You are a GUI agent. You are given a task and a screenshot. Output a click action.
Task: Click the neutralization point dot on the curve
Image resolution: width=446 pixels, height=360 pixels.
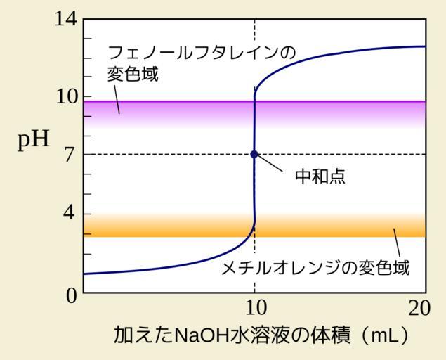pyautogui.click(x=254, y=154)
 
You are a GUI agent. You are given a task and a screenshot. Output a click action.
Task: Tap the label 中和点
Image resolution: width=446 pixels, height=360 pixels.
pyautogui.click(x=320, y=176)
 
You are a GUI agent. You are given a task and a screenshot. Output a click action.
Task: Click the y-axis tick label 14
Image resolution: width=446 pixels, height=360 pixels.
pyautogui.click(x=66, y=19)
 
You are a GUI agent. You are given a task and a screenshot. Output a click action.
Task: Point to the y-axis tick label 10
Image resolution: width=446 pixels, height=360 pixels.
pyautogui.click(x=66, y=96)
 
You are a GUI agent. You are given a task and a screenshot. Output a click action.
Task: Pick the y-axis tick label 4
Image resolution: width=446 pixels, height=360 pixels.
pyautogui.click(x=69, y=213)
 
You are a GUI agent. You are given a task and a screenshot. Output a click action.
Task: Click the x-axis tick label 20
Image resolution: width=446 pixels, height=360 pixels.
pyautogui.click(x=419, y=309)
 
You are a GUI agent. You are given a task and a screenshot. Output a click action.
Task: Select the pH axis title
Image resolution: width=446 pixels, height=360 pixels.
pyautogui.click(x=34, y=139)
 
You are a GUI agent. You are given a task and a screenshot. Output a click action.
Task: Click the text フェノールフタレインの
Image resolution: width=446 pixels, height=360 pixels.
pyautogui.click(x=200, y=53)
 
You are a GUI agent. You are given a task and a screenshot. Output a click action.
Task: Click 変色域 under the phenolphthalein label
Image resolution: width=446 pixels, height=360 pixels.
pyautogui.click(x=133, y=74)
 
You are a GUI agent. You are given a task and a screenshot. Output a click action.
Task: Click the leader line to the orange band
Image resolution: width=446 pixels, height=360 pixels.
pyautogui.click(x=397, y=243)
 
